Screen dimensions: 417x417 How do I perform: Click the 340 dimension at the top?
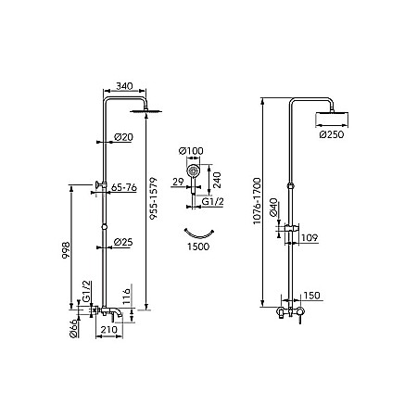pos(124,86)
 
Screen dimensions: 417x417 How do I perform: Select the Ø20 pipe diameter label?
pos(123,137)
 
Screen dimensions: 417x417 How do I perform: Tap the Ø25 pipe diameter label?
pos(123,242)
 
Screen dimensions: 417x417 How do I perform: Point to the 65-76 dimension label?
pos(124,187)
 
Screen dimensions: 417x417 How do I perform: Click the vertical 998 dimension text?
pos(67,250)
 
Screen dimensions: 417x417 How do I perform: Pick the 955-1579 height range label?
pos(153,198)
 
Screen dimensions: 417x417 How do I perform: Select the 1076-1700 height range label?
pos(257,201)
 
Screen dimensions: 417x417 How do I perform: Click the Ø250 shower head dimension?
pos(332,134)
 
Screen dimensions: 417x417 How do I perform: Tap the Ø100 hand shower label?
pos(191,151)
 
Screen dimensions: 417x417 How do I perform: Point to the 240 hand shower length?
pos(218,181)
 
